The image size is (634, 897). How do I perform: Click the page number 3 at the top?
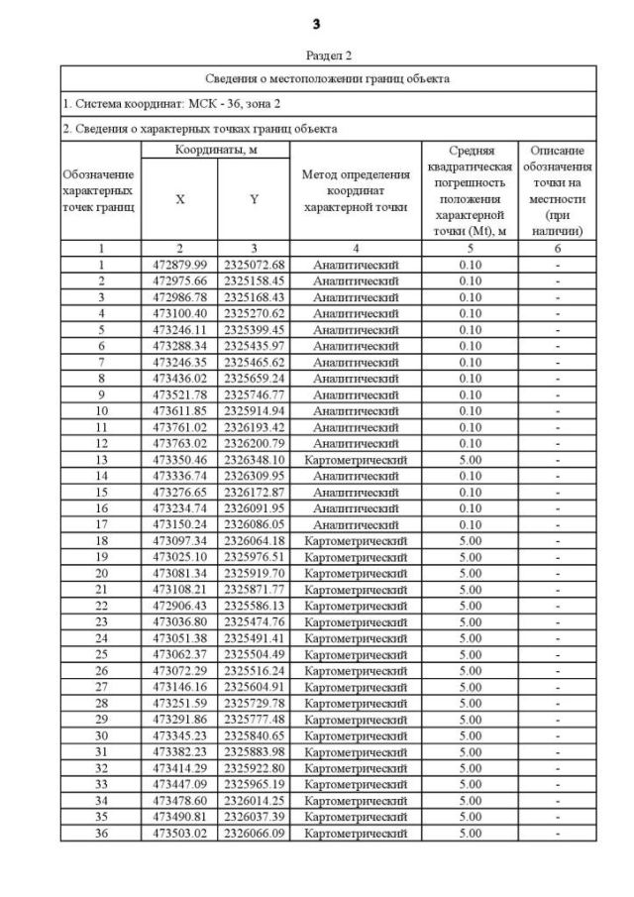[x=316, y=23]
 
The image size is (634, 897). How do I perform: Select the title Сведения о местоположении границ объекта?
[x=328, y=78]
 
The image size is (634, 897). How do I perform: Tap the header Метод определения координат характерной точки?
[x=356, y=188]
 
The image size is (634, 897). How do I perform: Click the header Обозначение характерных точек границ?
[x=99, y=188]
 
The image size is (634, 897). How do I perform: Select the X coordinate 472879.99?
[x=179, y=265]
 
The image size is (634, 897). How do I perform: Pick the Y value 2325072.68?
[x=254, y=265]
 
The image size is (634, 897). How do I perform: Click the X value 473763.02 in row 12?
[x=179, y=443]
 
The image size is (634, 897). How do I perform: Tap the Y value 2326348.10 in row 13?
[x=254, y=460]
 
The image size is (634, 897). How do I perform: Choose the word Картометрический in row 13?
[x=356, y=460]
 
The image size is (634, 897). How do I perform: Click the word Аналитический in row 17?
[x=356, y=524]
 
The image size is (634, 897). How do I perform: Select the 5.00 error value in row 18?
[x=470, y=541]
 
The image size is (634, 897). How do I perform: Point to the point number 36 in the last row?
[x=100, y=834]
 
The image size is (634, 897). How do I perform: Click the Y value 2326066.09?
[x=254, y=834]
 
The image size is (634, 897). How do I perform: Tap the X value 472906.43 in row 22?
[x=179, y=606]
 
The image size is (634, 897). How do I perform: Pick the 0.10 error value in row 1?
[x=470, y=265]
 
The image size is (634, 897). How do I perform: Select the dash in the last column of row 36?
[x=557, y=834]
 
